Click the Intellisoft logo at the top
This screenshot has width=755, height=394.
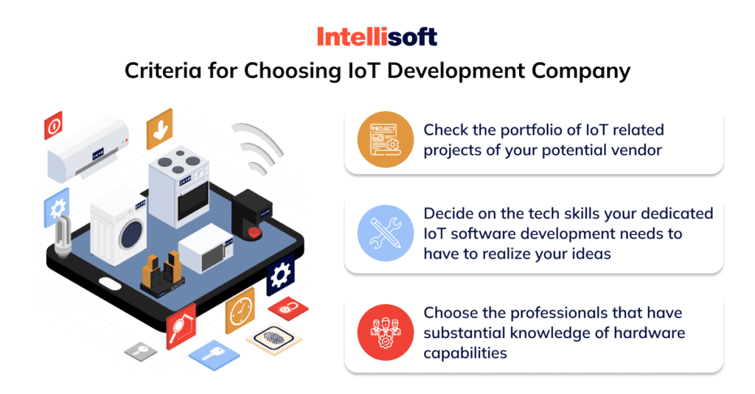click(x=377, y=36)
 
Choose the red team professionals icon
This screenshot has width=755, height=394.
click(x=380, y=333)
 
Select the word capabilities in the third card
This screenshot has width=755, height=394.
click(x=465, y=353)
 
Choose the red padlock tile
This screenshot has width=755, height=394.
click(x=288, y=307)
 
